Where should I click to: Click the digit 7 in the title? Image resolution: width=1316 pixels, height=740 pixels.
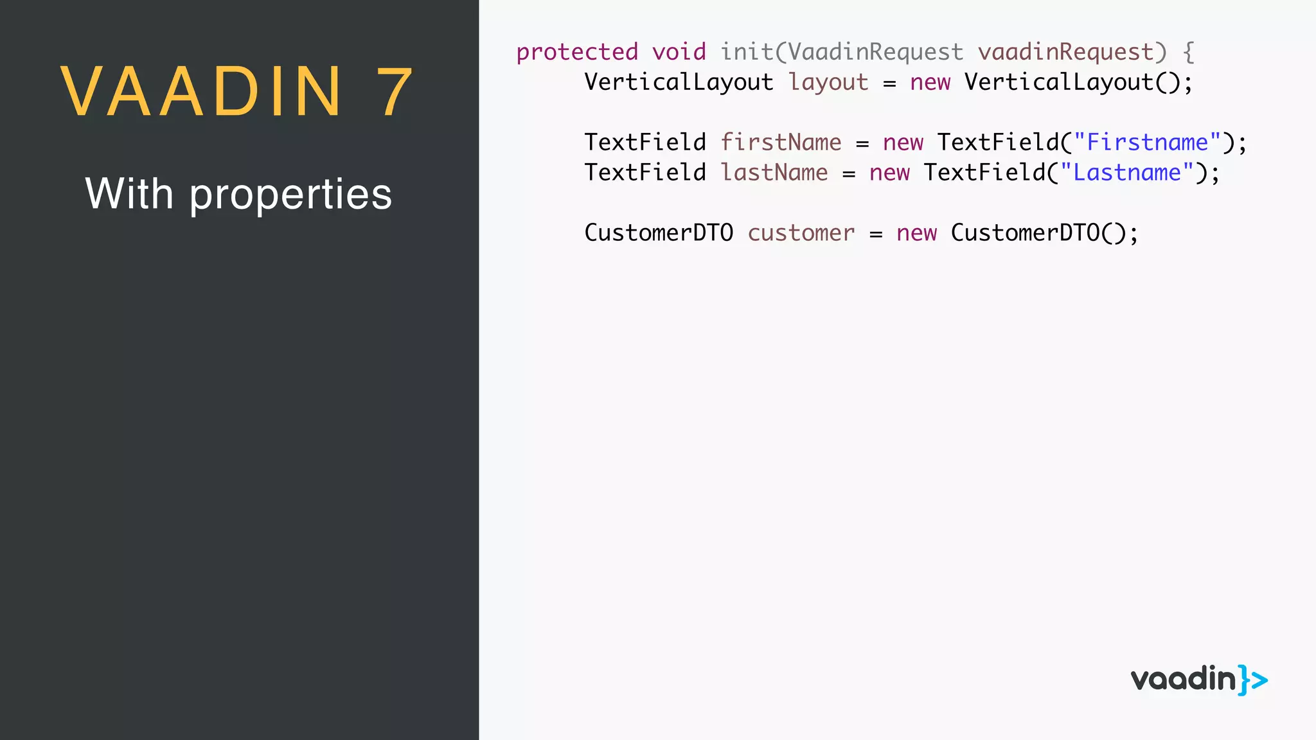[394, 92]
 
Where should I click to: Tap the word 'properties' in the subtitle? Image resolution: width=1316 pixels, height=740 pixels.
[290, 195]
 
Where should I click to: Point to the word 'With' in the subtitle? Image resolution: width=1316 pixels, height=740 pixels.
[129, 193]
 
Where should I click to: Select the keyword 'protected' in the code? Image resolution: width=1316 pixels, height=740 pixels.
[577, 52]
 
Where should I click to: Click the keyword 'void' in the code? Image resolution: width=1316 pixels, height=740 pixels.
[679, 52]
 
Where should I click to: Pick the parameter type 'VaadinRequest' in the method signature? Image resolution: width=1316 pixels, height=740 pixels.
[875, 52]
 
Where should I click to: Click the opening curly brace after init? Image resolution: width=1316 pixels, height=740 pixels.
[1189, 52]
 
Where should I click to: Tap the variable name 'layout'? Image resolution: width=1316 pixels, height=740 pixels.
[828, 83]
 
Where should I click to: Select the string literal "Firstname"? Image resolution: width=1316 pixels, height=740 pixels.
[1147, 143]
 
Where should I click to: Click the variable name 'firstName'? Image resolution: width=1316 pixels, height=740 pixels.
[781, 143]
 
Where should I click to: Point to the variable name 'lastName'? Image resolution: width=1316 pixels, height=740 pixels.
[774, 173]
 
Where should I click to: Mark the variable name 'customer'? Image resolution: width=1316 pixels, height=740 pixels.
[801, 233]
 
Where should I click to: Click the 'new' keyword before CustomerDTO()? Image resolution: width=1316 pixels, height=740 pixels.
[916, 233]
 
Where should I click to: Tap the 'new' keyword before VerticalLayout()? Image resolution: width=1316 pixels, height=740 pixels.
[930, 83]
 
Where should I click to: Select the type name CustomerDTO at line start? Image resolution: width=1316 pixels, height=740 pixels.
[659, 233]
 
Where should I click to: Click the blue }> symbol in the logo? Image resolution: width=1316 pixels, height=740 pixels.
[1253, 680]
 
